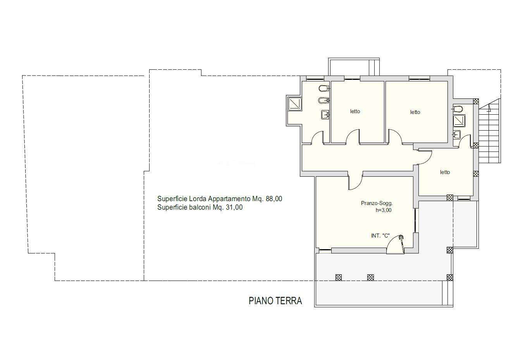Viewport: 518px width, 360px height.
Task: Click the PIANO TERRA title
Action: (x=275, y=301)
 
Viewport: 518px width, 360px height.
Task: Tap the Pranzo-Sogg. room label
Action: (x=377, y=203)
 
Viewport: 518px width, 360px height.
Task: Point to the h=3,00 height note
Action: (x=384, y=210)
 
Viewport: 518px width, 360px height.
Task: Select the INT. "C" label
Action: (x=380, y=236)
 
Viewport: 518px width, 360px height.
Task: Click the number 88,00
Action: (x=274, y=199)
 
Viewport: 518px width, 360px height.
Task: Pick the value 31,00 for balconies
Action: (x=234, y=207)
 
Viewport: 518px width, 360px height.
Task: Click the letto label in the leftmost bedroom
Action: (x=355, y=111)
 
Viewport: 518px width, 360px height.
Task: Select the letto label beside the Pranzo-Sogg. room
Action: (x=445, y=172)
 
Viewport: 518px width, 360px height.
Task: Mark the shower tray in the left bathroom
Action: (x=294, y=103)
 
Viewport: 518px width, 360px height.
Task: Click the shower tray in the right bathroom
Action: (x=459, y=121)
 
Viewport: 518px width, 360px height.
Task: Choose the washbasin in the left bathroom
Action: (x=325, y=115)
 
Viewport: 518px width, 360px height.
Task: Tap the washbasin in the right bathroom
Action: (x=457, y=134)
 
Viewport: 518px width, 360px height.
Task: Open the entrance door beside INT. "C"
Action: (x=396, y=244)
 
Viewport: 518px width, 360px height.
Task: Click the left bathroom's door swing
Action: (x=317, y=137)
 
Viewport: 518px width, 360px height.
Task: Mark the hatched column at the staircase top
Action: (x=476, y=102)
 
